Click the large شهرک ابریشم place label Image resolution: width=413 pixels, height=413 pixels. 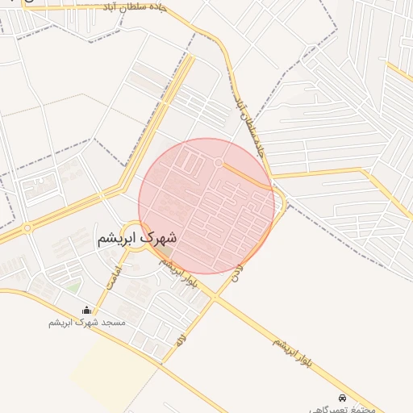tap(138, 239)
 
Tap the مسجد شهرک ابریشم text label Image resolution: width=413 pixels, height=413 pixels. tap(87, 323)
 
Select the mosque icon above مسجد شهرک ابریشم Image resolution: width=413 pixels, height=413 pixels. tap(87, 311)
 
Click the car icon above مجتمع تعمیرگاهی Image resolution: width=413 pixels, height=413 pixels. tap(344, 398)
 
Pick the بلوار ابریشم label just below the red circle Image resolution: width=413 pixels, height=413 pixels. tap(180, 275)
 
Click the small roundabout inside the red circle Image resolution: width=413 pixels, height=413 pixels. tap(219, 163)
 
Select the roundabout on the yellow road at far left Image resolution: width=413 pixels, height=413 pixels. tap(27, 228)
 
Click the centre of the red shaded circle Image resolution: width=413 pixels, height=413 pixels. tap(206, 206)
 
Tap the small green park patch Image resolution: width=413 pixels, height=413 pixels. tap(73, 287)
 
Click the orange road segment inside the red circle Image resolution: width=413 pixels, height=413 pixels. tap(246, 177)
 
